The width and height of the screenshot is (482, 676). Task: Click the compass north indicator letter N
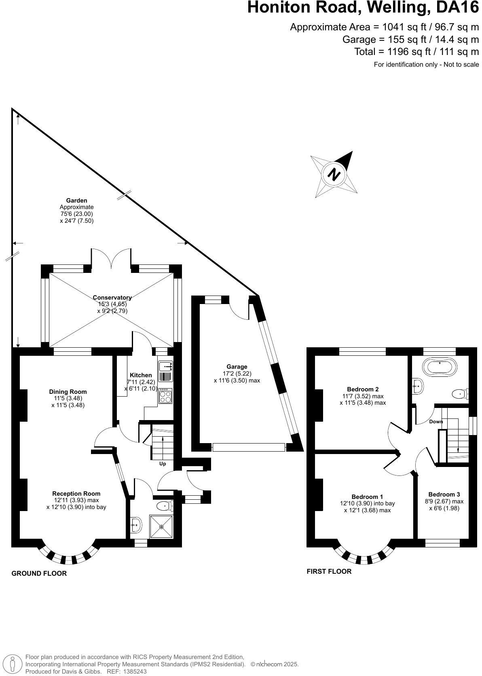(334, 175)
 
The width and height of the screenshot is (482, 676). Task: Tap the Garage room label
(237, 367)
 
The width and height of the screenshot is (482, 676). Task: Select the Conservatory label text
(112, 298)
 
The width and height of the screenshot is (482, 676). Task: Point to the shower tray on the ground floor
(161, 526)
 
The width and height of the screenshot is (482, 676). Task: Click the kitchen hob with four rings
(165, 396)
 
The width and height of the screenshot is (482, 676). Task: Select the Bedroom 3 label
(444, 494)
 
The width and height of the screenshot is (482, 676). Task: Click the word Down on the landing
(436, 422)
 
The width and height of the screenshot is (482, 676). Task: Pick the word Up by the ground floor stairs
(163, 464)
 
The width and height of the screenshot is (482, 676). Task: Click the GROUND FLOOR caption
(39, 573)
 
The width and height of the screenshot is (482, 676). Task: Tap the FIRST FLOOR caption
(329, 571)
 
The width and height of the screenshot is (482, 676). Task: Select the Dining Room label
(68, 391)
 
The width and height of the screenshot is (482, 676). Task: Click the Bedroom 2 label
(363, 389)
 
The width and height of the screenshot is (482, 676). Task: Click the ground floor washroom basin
(135, 525)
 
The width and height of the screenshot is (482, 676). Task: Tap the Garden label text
(76, 200)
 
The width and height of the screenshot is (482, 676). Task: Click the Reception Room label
(76, 493)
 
